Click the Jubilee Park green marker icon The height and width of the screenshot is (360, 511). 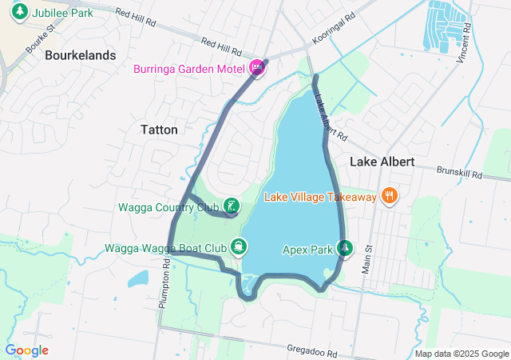[21, 12]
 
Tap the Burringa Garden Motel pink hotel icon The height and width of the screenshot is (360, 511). [257, 68]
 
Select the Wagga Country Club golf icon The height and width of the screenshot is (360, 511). [231, 207]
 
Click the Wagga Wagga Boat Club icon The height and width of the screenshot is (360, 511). [238, 247]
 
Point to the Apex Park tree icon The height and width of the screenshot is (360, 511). [345, 249]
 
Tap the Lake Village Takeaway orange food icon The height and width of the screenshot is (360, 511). [389, 196]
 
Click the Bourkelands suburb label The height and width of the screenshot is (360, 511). [81, 55]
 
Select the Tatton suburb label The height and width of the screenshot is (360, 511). [159, 129]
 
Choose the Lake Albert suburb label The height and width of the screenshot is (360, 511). [382, 161]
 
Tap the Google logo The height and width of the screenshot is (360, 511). [26, 350]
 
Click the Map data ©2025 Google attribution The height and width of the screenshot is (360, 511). [461, 354]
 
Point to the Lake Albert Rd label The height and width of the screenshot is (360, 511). [330, 118]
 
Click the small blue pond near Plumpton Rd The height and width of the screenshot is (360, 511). [137, 278]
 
